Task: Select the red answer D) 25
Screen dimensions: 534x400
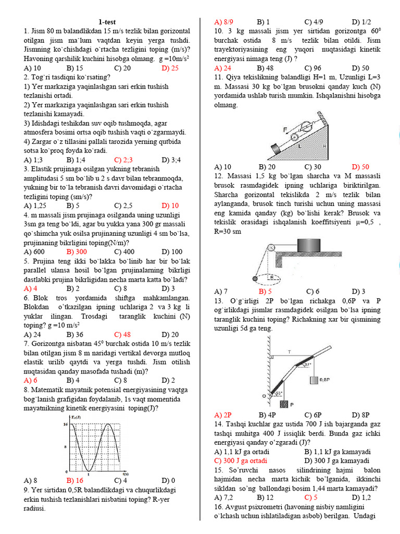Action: (170, 68)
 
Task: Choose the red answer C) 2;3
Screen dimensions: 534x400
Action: (124, 160)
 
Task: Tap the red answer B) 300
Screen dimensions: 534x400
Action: (77, 252)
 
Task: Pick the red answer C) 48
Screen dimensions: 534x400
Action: (123, 334)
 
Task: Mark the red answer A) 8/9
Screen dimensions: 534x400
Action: (224, 22)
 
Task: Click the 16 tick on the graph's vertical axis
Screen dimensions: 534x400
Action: (65, 424)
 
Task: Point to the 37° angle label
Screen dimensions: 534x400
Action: (308, 365)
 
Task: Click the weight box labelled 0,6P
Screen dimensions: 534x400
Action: (314, 380)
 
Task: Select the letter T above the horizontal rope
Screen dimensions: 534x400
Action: (289, 352)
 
